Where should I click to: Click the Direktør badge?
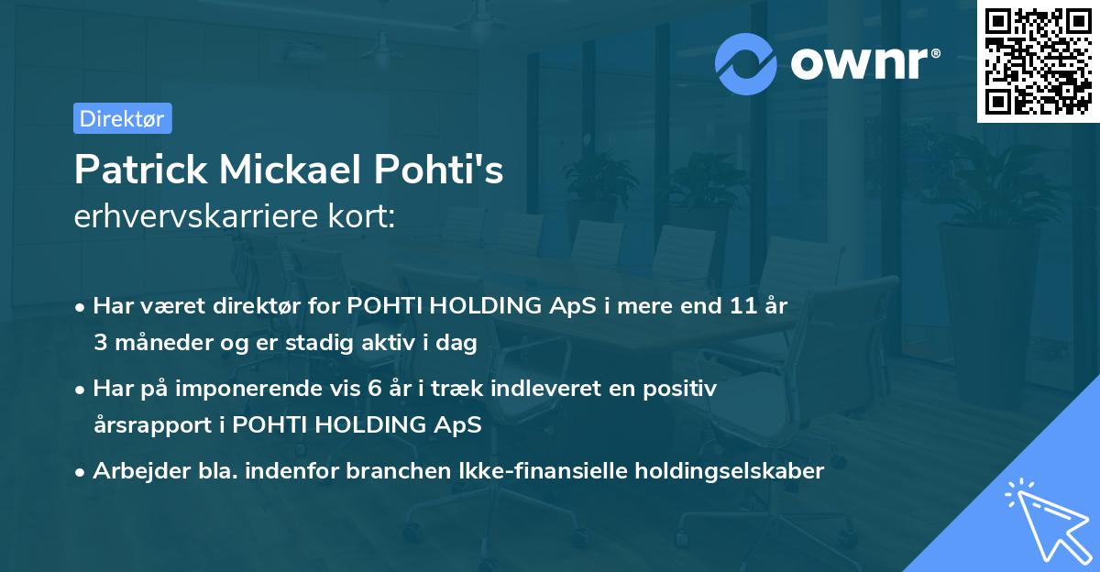(x=122, y=118)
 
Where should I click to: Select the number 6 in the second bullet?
(x=374, y=389)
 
